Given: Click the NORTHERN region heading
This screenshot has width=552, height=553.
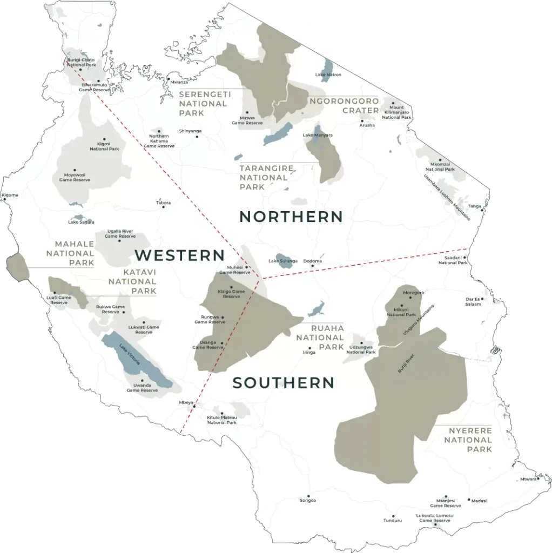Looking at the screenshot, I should [x=291, y=217].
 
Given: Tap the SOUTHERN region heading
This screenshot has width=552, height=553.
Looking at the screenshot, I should [x=283, y=383].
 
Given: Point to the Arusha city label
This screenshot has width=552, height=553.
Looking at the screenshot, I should [x=367, y=125].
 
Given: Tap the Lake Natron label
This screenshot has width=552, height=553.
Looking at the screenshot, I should [x=328, y=75].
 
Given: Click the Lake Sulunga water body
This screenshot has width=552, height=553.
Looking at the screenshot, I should [x=284, y=259].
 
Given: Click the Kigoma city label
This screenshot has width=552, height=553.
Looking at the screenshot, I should [x=10, y=195].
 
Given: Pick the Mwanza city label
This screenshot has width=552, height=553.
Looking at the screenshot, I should [x=179, y=82].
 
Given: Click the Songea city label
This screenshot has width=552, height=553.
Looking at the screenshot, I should [x=308, y=501].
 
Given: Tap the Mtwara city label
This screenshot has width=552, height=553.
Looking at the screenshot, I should [x=528, y=479].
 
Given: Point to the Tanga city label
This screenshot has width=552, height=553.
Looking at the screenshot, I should [x=474, y=206].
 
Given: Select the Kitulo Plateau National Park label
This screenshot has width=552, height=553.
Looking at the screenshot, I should [x=222, y=420].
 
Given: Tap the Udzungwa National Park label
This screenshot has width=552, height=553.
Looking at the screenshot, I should [x=361, y=349].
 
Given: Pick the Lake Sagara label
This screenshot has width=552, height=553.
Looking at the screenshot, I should [x=80, y=222].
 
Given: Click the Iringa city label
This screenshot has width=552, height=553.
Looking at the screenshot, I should [x=308, y=352].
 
